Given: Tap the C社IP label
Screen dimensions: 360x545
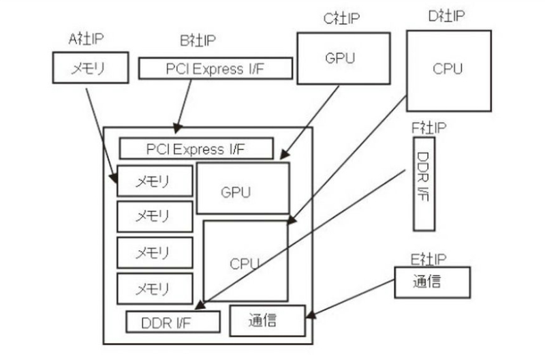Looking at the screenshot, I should pos(341,17).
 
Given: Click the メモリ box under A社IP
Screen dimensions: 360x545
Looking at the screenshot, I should pos(90,68).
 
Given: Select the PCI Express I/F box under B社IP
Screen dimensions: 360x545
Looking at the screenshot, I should pos(216,69).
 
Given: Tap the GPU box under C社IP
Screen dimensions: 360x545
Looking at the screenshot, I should pos(340,58).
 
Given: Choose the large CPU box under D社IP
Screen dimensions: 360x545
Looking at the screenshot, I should pos(448,70).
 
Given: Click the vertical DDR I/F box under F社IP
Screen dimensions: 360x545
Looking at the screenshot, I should pos(424,183).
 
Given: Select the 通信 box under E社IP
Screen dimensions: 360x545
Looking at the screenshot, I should pos(432,282).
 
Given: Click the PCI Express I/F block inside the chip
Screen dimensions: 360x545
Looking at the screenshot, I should pos(196,149).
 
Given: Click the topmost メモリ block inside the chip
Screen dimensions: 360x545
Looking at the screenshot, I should pos(155,181).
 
